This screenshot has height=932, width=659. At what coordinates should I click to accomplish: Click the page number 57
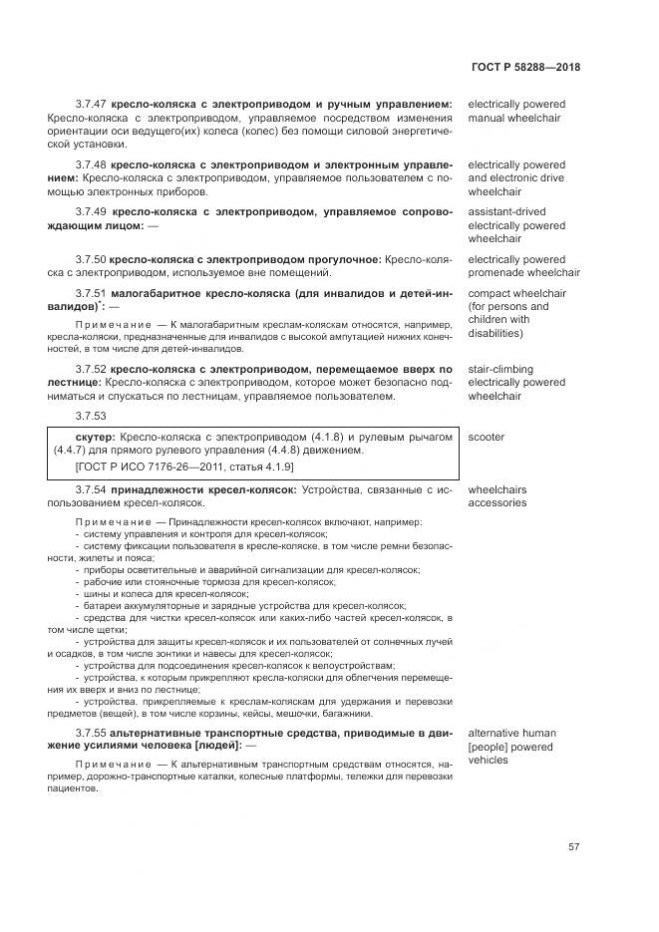(x=573, y=847)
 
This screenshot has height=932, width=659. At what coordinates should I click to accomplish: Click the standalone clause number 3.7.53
(x=91, y=415)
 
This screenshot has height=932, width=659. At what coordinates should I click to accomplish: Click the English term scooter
(x=487, y=438)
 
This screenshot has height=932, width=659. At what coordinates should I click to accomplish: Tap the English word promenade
(x=497, y=272)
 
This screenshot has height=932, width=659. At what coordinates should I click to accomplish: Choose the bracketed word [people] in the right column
(x=491, y=746)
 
